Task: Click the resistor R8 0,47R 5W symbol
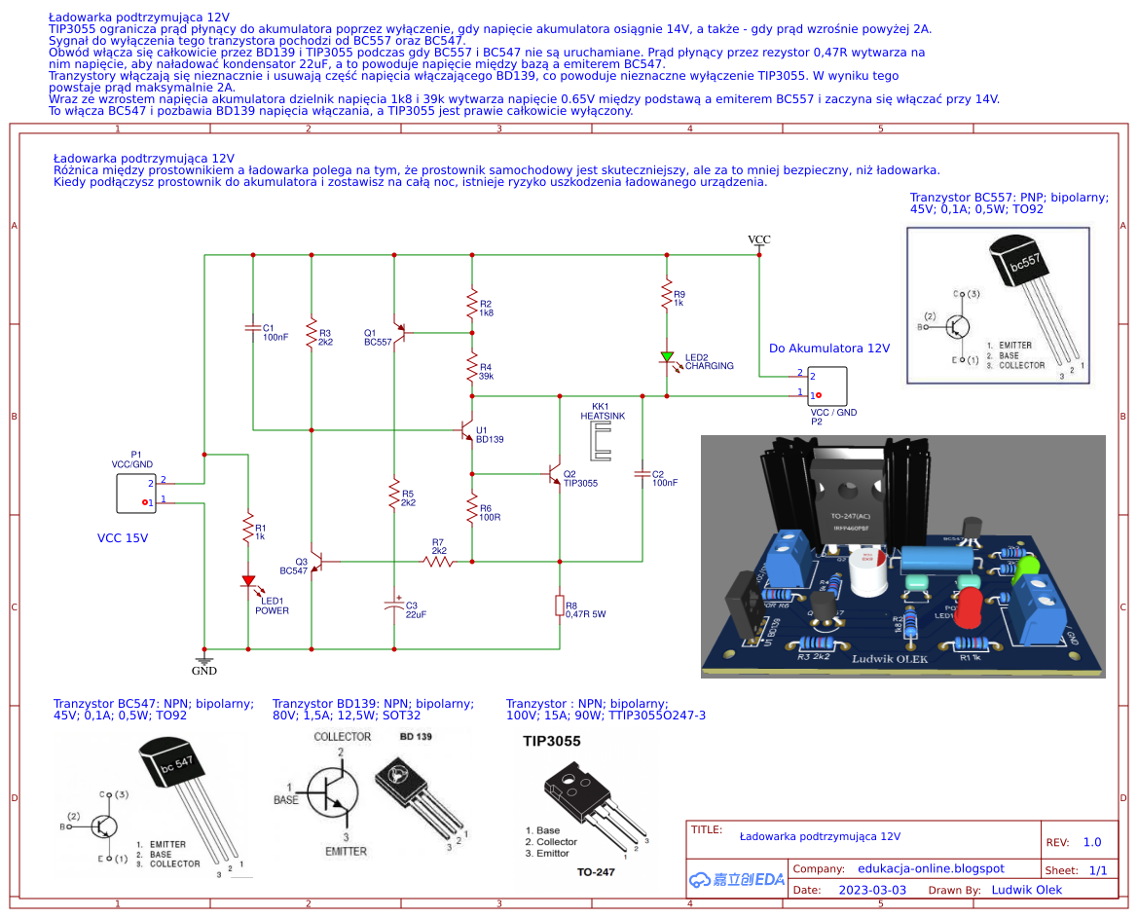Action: tap(559, 606)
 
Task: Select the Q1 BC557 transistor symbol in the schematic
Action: tap(399, 333)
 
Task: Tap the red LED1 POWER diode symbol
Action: tap(248, 582)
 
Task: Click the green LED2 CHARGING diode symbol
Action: tap(667, 357)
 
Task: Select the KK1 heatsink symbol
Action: tap(600, 442)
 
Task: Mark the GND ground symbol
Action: tap(203, 664)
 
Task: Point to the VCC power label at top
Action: tap(758, 239)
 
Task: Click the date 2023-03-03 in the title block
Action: tap(872, 890)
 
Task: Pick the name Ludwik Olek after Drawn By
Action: tap(1026, 890)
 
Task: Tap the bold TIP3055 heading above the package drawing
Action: tap(551, 741)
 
